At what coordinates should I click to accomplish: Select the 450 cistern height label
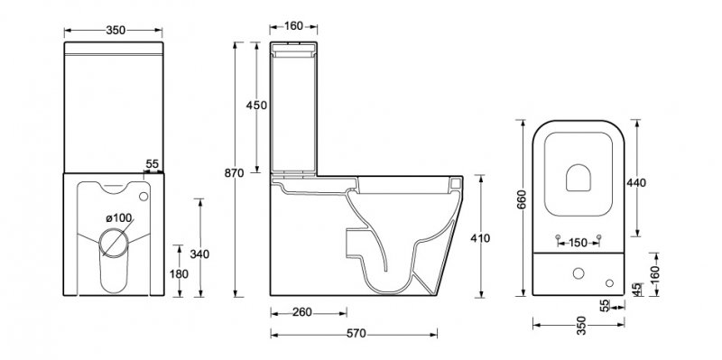tap(256, 106)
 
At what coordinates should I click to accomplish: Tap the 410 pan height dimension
tap(480, 238)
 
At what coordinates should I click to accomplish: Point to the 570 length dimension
tap(356, 333)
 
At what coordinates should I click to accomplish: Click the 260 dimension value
tap(302, 312)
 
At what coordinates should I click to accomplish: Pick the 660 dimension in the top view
tap(522, 199)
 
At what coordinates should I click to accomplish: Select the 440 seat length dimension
tap(636, 183)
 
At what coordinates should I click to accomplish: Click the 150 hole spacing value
tap(578, 242)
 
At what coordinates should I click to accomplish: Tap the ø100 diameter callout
tap(119, 217)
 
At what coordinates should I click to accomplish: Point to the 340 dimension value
tap(199, 254)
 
